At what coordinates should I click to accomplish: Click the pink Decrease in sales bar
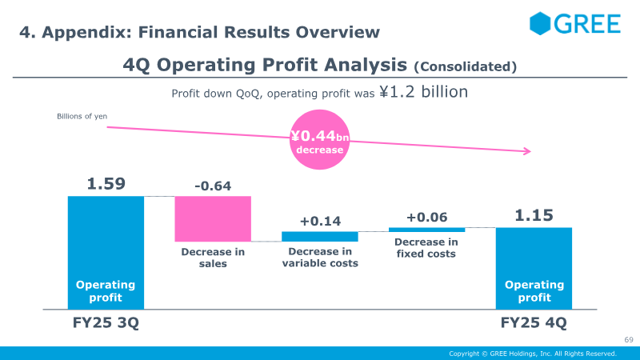click(213, 218)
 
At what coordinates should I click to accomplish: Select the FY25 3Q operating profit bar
click(106, 252)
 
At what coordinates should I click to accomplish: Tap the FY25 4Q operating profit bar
click(534, 268)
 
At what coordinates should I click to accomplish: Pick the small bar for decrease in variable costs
click(320, 237)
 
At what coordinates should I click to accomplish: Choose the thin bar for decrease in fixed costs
click(426, 230)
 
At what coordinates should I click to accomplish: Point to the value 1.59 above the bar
click(106, 184)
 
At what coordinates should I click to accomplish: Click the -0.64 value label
click(213, 186)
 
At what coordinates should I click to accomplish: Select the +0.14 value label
click(320, 222)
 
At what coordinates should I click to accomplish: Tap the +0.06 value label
click(426, 218)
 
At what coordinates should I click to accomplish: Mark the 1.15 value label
click(534, 216)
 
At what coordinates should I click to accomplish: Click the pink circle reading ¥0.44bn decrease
click(320, 142)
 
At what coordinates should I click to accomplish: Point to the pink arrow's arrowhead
click(527, 151)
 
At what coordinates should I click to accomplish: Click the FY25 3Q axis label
click(106, 323)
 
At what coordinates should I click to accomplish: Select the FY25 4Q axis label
click(534, 323)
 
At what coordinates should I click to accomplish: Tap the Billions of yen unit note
click(82, 117)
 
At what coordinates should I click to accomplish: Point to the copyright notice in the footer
click(532, 354)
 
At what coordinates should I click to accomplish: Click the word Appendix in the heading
click(86, 33)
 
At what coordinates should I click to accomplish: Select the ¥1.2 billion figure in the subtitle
click(423, 92)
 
